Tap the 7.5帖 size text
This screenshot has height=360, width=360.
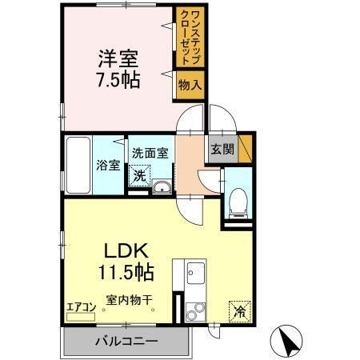tap(118, 80)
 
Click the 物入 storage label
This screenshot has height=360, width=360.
tap(189, 83)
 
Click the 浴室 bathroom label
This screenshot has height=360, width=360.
tap(109, 166)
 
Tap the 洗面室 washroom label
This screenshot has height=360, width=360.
tap(150, 153)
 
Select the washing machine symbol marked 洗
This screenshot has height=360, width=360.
tap(140, 174)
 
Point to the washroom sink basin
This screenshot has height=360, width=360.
tap(162, 188)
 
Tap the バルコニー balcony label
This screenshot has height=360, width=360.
tap(126, 342)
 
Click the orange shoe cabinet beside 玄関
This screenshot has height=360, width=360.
tap(245, 147)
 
